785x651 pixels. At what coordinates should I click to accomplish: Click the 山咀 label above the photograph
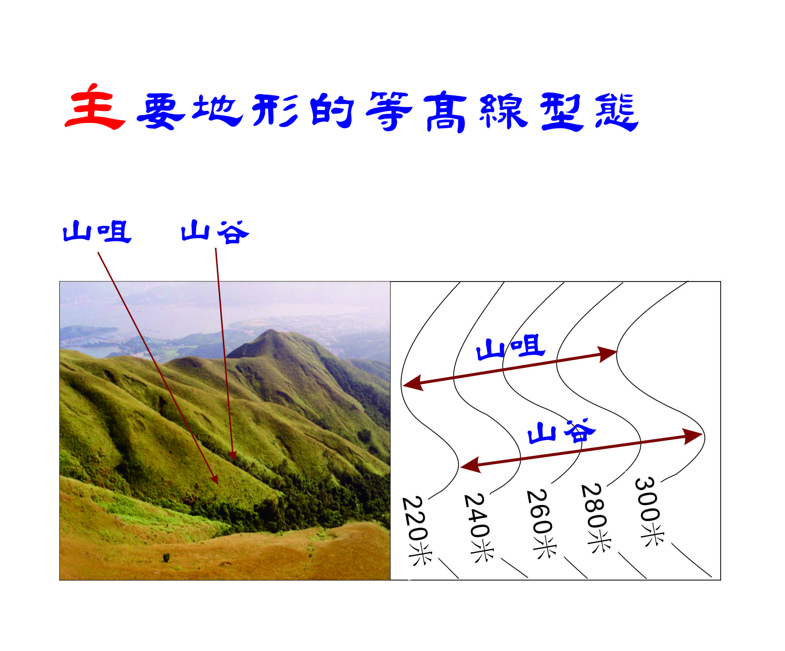(x=97, y=231)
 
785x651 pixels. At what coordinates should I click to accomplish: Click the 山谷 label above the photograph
(x=215, y=232)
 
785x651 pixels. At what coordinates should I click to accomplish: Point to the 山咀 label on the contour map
(x=510, y=348)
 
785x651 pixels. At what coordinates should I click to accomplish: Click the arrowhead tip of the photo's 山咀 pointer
(x=218, y=484)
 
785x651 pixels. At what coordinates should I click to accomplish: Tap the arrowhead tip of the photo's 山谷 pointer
(x=233, y=460)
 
